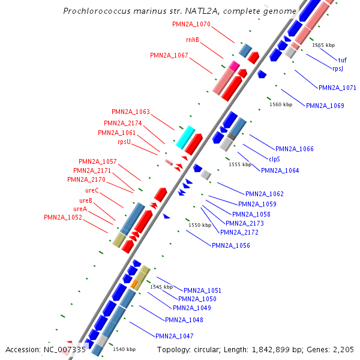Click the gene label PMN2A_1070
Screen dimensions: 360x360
point(191,25)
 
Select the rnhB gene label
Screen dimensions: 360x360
point(193,40)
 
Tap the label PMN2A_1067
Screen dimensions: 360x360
point(169,55)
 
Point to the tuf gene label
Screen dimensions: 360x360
point(342,60)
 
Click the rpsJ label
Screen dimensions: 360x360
point(338,68)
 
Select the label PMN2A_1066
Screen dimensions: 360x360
point(294,149)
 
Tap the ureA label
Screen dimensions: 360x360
point(80,209)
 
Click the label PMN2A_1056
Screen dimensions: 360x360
point(231,245)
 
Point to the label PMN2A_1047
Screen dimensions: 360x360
point(174,336)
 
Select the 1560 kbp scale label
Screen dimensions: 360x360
point(281,104)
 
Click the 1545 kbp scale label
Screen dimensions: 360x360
point(161,287)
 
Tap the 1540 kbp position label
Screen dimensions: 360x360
point(124,349)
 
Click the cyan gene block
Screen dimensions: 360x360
point(185,137)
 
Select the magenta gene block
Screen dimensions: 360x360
point(234,65)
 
